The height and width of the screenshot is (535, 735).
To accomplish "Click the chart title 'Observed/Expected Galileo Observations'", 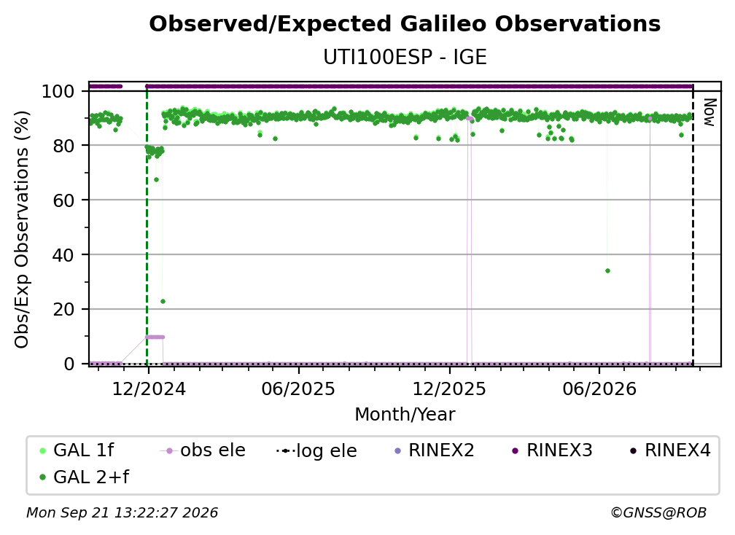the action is pos(405,24).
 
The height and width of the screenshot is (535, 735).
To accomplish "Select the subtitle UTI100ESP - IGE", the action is pos(405,57).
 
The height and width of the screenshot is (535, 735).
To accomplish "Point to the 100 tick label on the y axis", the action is pos(58,91).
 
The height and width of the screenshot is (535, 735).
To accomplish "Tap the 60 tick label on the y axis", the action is pos(63,200).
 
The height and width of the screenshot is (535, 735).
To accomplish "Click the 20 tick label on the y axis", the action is pos(63,309).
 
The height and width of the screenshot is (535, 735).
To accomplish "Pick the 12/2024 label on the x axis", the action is pos(149,388).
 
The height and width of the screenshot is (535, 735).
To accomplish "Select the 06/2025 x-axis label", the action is pos(299,388).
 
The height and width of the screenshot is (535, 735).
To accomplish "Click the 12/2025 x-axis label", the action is pos(449,388).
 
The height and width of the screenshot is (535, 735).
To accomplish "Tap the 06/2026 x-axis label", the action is pos(599,388).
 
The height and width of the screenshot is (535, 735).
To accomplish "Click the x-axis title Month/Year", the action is pos(405,415).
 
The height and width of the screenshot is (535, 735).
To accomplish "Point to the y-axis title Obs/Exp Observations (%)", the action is pos(22,230).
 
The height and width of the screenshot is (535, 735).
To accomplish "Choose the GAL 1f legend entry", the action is pos(77,450).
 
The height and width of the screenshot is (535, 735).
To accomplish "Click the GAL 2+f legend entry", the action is pos(84,477).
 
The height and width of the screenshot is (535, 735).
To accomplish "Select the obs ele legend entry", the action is pos(203,450).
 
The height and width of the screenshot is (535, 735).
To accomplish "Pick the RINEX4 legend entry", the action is pos(670,450).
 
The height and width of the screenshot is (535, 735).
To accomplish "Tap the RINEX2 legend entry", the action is pos(434,450).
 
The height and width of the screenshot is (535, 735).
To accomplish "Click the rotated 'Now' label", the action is pos(709,112).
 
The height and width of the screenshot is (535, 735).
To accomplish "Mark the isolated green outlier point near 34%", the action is pos(607,270).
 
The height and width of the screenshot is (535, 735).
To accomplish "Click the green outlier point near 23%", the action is pos(163,301).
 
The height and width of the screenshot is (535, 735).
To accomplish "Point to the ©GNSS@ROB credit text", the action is pos(658,513).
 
